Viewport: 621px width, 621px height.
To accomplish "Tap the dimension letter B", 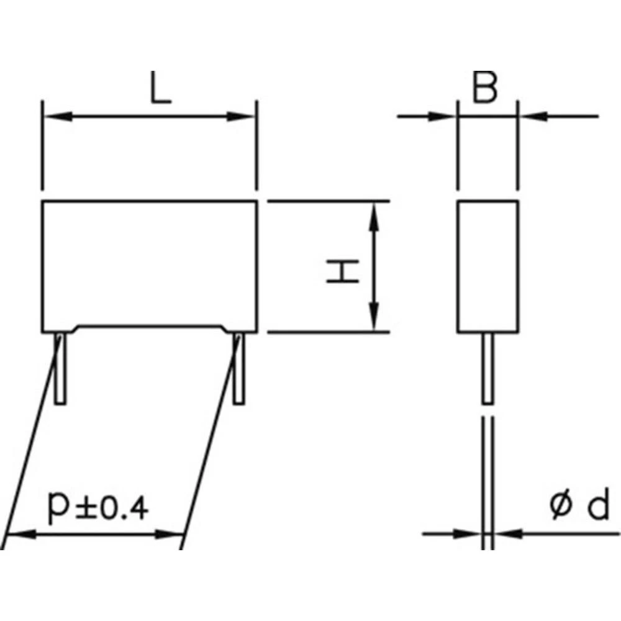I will [x=485, y=89].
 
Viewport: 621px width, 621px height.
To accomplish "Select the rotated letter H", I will [x=343, y=272].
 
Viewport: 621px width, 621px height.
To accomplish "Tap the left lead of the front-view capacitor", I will [x=60, y=369].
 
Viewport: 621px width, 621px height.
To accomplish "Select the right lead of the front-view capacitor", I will [x=239, y=369].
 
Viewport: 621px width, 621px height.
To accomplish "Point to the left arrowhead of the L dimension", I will [x=54, y=116].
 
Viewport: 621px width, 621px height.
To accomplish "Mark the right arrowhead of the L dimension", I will [x=245, y=116].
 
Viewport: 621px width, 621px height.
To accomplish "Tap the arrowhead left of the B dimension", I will [x=443, y=116].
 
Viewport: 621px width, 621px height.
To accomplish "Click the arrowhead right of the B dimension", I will [x=532, y=116].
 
